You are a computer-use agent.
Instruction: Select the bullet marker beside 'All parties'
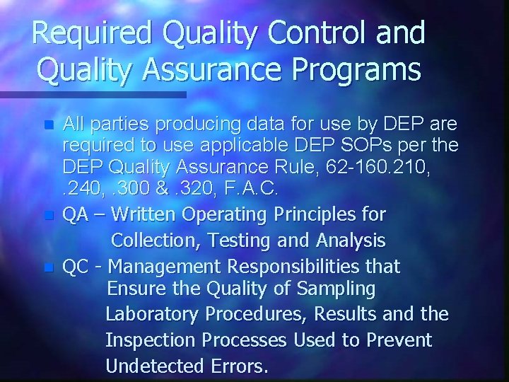point(48,125)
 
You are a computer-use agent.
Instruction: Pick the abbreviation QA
point(76,214)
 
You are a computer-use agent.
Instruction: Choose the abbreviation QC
point(76,267)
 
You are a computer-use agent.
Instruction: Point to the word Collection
point(155,241)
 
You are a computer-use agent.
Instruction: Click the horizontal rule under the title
point(93,94)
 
